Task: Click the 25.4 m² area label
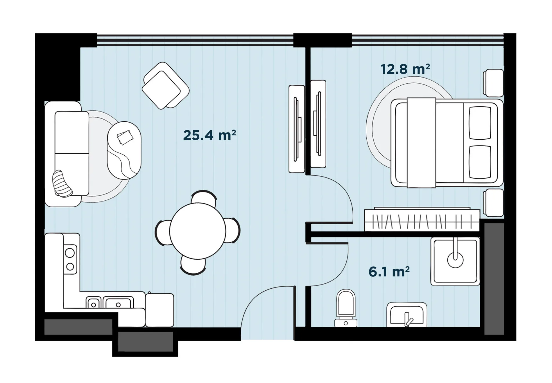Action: [x=209, y=135]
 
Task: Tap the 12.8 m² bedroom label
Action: [x=405, y=69]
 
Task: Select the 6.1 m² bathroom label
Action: [x=389, y=272]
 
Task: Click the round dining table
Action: [x=198, y=231]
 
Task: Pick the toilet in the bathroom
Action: [x=346, y=308]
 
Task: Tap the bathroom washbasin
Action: [x=407, y=314]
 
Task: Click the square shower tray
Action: [x=455, y=261]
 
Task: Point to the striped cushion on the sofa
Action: [x=62, y=184]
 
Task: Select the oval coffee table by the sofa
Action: [x=124, y=150]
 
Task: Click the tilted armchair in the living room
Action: [x=166, y=86]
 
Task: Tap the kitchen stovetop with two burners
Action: [x=70, y=259]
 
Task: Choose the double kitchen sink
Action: [x=110, y=302]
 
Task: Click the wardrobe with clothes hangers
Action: [x=422, y=220]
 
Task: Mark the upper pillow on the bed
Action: [x=480, y=123]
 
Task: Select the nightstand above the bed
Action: [x=493, y=83]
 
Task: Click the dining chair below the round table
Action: [x=193, y=266]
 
